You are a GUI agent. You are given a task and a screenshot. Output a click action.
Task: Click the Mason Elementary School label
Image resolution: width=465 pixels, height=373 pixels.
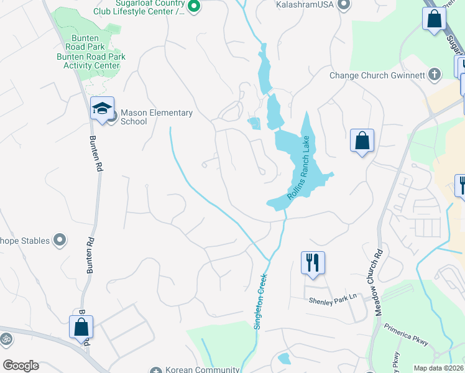(x=156, y=117)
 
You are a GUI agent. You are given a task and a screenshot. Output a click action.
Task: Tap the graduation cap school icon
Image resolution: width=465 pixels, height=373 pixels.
(x=101, y=108)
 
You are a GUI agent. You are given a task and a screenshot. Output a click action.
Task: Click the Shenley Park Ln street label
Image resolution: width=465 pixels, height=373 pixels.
(x=333, y=299)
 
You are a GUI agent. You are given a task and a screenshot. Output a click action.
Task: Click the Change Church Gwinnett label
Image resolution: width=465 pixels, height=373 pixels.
(x=377, y=76)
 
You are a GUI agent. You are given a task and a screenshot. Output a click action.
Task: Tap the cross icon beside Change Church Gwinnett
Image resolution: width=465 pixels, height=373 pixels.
(x=435, y=75)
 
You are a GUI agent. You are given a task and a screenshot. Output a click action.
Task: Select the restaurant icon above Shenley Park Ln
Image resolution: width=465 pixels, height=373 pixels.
(x=313, y=262)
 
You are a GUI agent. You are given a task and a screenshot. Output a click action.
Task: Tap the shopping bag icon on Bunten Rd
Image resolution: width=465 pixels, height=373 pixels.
(x=81, y=326)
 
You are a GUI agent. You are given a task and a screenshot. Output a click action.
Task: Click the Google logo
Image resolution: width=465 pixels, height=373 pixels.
(x=21, y=366)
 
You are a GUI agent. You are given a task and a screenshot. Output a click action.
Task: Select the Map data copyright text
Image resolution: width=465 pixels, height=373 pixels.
(x=439, y=368)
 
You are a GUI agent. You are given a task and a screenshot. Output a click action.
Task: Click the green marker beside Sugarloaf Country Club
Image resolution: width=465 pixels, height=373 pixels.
(x=193, y=6)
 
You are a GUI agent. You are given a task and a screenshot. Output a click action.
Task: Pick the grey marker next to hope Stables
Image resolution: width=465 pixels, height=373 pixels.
(x=60, y=240)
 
